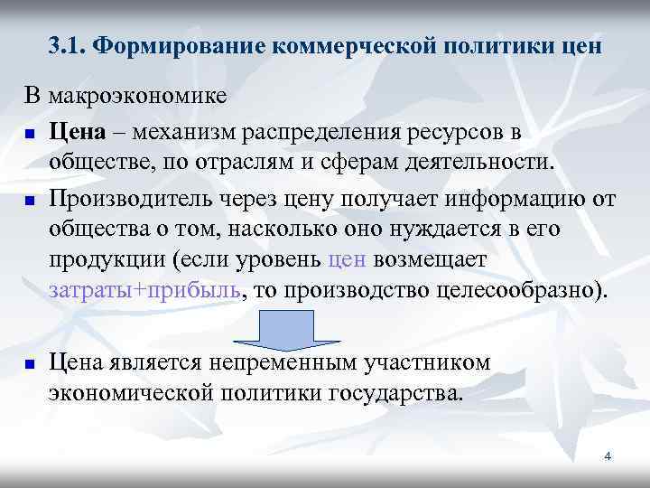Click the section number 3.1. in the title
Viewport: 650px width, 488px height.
tap(68, 46)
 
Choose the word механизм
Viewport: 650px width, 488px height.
tap(184, 132)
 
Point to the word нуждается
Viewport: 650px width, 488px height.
tap(432, 230)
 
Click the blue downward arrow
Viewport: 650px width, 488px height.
tap(287, 330)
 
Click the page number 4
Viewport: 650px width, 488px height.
tap(608, 456)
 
